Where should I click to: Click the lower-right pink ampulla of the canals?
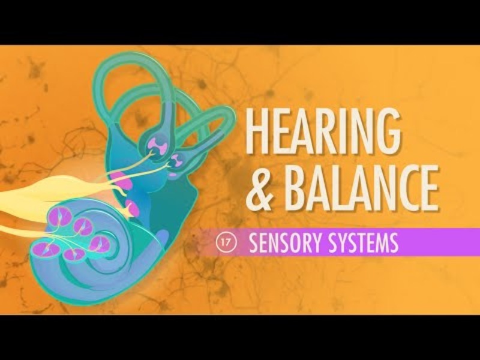178,160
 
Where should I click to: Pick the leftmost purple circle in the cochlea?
43,248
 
